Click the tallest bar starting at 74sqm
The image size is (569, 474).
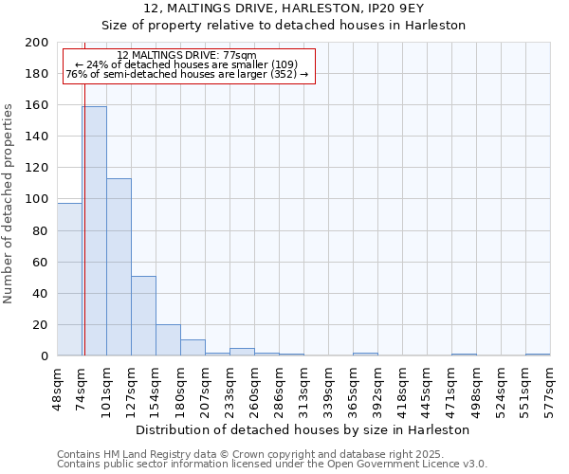tap(94, 231)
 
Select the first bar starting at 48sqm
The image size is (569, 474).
tap(69, 280)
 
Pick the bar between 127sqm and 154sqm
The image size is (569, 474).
tap(143, 316)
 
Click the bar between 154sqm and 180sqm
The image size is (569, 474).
tap(168, 339)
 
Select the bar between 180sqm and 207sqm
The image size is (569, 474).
tap(193, 348)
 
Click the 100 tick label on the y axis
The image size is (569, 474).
tap(37, 199)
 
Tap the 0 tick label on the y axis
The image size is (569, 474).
tap(45, 355)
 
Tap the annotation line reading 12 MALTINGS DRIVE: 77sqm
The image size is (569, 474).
tap(187, 55)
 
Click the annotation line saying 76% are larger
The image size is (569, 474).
tap(187, 74)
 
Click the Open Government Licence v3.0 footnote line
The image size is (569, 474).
tap(272, 464)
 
